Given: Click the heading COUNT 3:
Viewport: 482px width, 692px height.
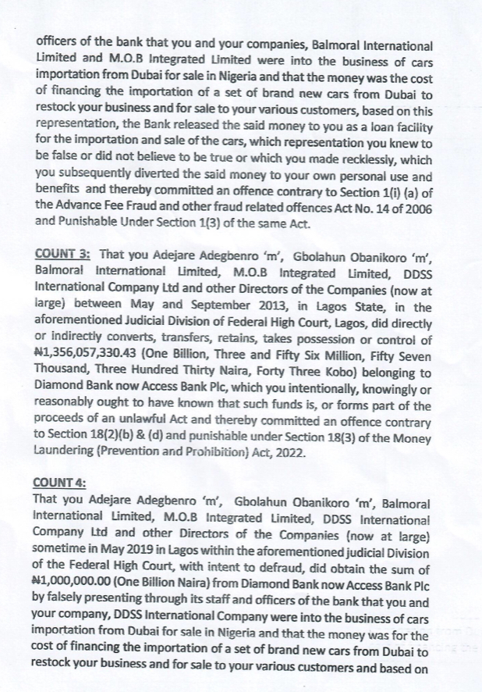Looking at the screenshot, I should point(64,254).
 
